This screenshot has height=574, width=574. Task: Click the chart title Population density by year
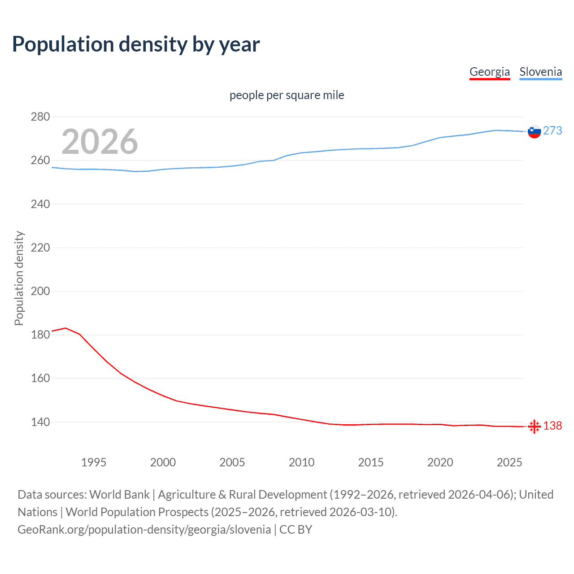136,44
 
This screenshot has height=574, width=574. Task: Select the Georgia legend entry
489,72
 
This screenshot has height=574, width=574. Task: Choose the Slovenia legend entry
540,72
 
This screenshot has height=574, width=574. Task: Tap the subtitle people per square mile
287,95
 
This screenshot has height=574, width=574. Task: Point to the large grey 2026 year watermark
100,142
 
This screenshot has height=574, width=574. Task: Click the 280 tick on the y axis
40,117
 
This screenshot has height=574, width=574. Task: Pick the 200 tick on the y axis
40,291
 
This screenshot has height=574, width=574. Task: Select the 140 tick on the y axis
40,422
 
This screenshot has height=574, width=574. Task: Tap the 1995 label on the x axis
93,462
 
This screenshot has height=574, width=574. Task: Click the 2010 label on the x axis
301,462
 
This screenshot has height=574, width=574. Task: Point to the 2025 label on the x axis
509,462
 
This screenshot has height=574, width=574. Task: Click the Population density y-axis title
19,278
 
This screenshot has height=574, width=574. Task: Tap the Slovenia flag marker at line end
534,131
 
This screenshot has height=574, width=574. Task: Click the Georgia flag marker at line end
534,426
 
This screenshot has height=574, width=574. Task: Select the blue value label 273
552,130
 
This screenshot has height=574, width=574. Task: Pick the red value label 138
552,426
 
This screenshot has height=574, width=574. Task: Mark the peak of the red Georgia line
65,328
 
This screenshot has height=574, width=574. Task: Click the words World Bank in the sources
119,495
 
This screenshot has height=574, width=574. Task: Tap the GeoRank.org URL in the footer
144,530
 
